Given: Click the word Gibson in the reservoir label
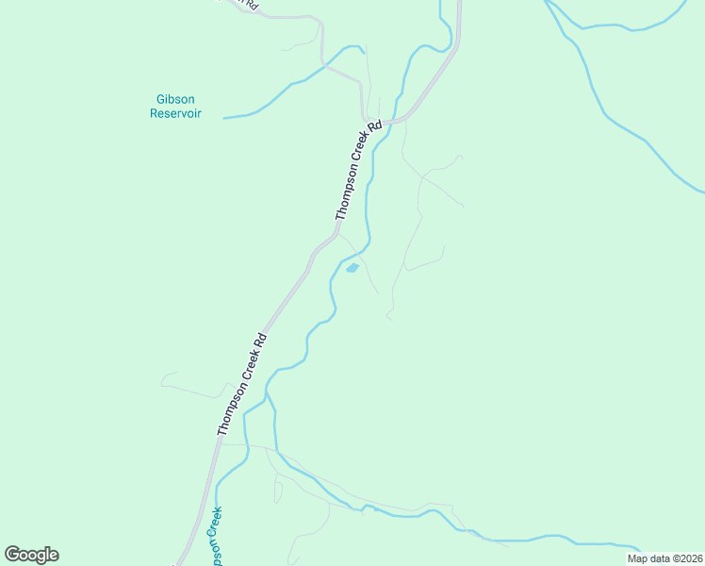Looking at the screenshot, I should coord(175,99).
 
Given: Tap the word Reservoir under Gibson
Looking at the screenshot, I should coord(175,113).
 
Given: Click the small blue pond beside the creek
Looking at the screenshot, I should coord(352,268).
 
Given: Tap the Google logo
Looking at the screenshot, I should coord(31,555).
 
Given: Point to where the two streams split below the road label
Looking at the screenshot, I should coord(269,395).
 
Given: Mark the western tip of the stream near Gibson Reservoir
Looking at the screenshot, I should coord(224,118).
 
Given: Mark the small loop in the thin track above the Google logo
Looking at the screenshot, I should coord(278,491).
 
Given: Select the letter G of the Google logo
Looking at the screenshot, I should coord(13,555).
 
